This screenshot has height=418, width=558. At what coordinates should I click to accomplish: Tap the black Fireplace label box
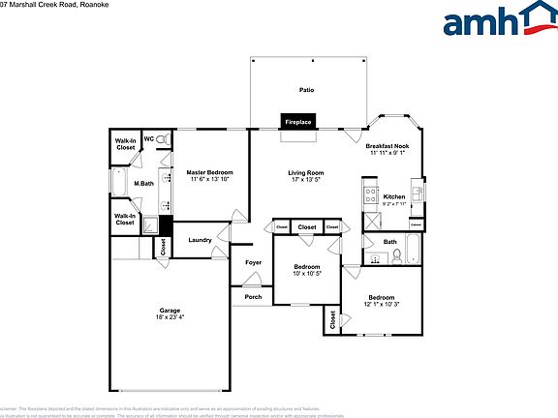pyautogui.click(x=297, y=122)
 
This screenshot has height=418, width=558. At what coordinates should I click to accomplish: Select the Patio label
pyautogui.click(x=306, y=90)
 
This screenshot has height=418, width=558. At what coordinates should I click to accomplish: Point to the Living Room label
pyautogui.click(x=306, y=173)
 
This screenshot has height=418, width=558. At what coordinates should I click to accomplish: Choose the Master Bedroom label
pyautogui.click(x=210, y=172)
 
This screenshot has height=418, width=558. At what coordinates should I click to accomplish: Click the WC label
pyautogui.click(x=149, y=138)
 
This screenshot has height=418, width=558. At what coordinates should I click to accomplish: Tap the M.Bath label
pyautogui.click(x=144, y=184)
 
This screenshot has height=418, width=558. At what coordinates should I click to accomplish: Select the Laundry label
pyautogui.click(x=201, y=240)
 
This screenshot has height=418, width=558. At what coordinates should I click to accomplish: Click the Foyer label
pyautogui.click(x=253, y=262)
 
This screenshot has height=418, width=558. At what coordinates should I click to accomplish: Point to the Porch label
pyautogui.click(x=253, y=296)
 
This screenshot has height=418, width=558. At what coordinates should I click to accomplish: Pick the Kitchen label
pyautogui.click(x=394, y=196)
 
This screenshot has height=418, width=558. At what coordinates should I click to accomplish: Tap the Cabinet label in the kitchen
pyautogui.click(x=416, y=224)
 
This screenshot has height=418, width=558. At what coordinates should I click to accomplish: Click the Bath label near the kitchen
pyautogui.click(x=389, y=242)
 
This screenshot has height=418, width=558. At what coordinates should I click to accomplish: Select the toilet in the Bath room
pyautogui.click(x=397, y=256)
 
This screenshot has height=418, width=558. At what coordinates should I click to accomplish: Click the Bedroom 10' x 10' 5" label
pyautogui.click(x=307, y=269)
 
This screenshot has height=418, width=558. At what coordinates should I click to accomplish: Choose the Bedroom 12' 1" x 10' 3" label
pyautogui.click(x=381, y=301)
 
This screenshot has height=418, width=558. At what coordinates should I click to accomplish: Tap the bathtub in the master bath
pyautogui.click(x=118, y=184)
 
